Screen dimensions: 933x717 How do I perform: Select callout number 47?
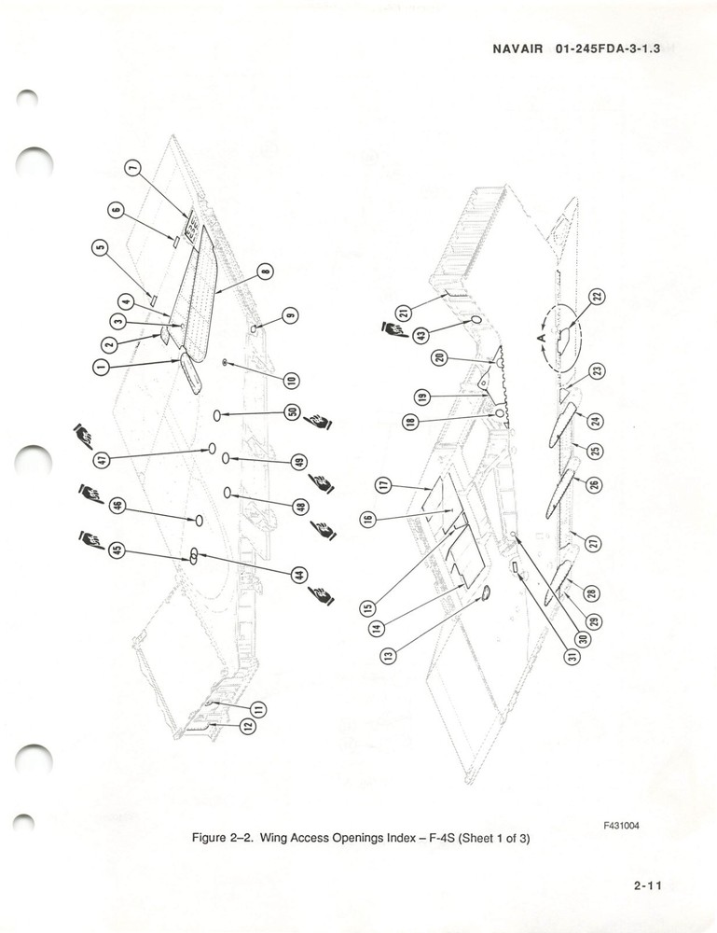102,459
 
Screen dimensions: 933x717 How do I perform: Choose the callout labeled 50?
291,412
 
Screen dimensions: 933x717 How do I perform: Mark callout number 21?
403,313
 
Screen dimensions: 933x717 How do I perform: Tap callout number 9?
291,314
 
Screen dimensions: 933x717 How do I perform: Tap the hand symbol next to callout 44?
323,595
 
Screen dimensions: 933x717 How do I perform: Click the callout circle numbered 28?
591,593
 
